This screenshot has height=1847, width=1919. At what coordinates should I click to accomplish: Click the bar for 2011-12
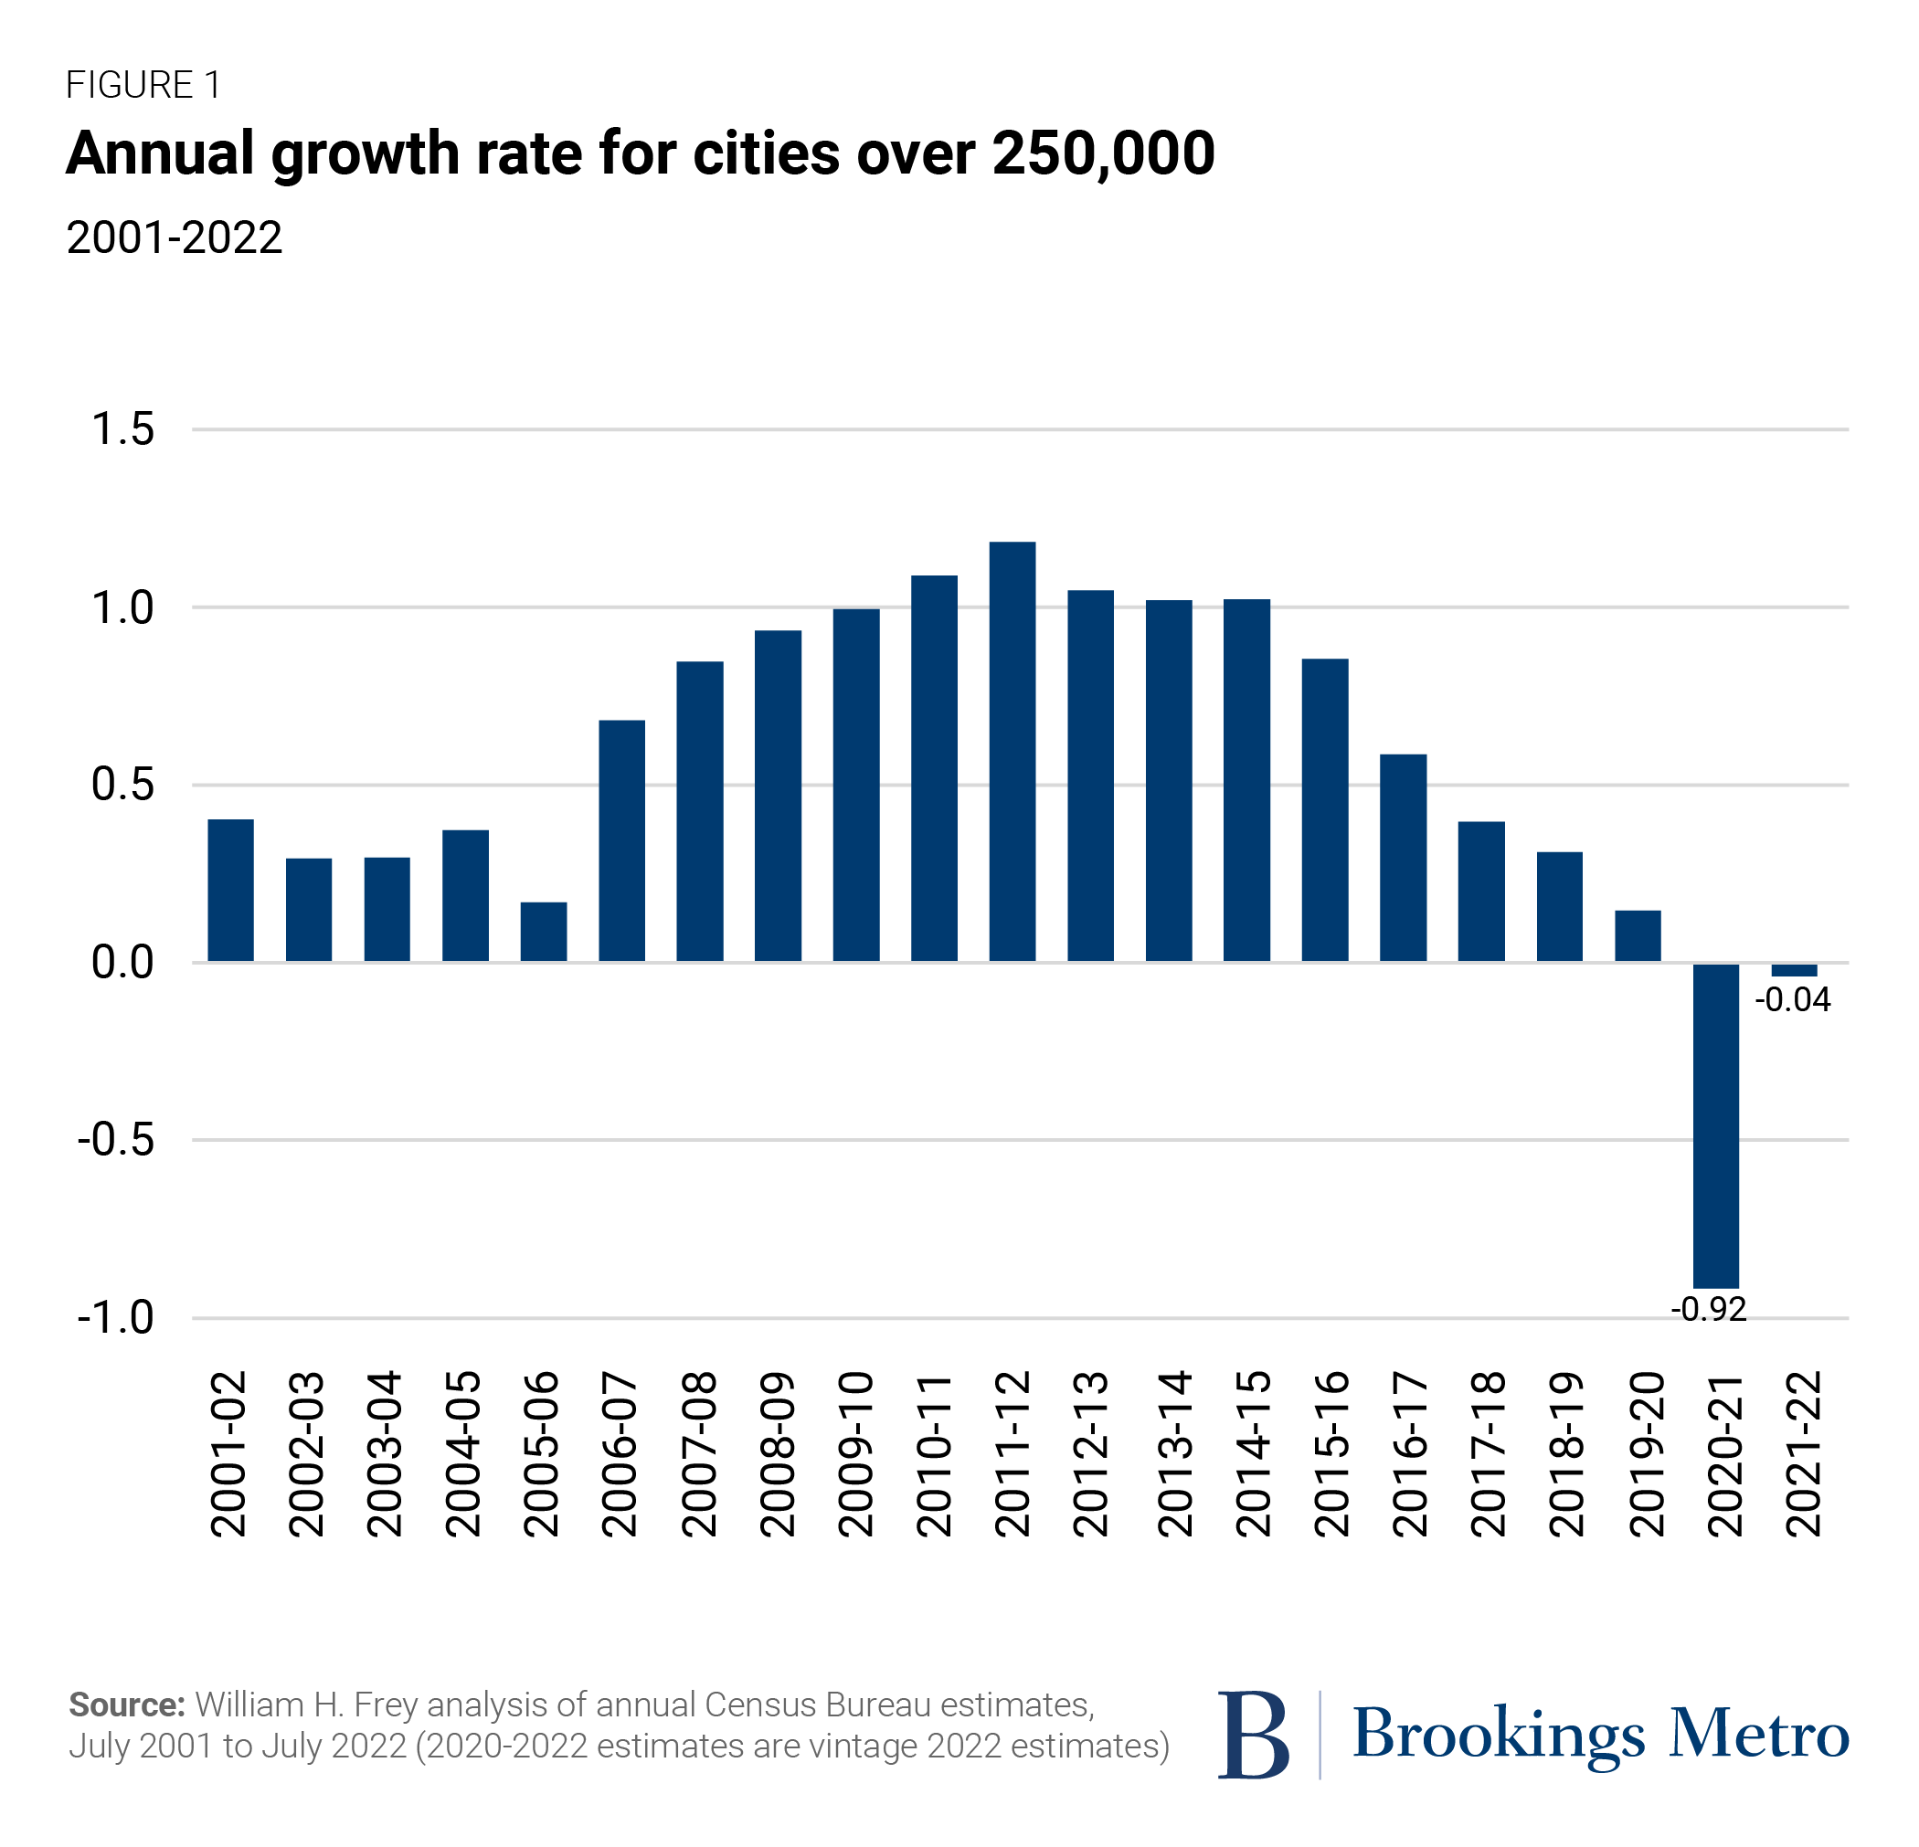[1013, 752]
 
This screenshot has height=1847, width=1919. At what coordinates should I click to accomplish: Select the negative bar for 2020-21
[1715, 1125]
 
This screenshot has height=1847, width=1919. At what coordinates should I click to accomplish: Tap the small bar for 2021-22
[1794, 970]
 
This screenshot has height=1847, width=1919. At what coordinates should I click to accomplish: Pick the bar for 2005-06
[544, 932]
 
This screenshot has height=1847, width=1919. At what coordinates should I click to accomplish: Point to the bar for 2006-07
[621, 840]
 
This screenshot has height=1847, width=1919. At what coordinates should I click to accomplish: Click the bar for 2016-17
[1403, 858]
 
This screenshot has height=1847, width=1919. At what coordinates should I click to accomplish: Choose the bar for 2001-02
[231, 891]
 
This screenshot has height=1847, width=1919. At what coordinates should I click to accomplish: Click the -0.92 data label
[1709, 1310]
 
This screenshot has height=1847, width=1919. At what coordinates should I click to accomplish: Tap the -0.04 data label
[1793, 1000]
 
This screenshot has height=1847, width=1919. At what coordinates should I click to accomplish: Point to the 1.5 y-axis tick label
[123, 429]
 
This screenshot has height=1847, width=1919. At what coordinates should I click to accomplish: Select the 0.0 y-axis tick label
[123, 963]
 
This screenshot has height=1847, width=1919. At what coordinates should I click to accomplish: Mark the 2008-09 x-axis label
[779, 1453]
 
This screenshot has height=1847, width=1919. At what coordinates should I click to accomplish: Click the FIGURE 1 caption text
[143, 85]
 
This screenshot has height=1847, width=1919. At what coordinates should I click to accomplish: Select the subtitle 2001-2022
[175, 237]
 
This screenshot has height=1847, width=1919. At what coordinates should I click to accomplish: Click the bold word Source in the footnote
[126, 1705]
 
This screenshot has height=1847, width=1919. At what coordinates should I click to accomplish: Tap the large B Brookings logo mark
[1252, 1734]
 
